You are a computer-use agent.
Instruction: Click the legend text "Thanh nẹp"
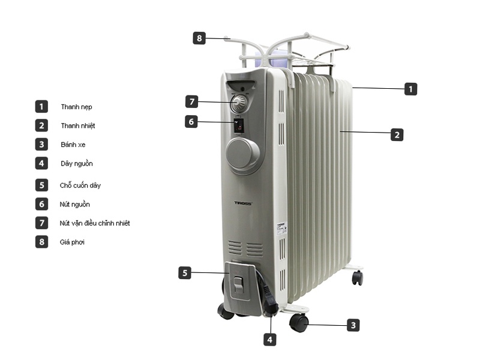tap(76, 107)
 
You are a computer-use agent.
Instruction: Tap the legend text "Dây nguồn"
tap(77, 163)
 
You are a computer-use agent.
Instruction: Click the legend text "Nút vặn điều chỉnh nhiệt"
tap(95, 223)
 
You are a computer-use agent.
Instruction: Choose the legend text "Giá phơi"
tap(73, 242)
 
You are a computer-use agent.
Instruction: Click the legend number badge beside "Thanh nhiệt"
tap(41, 125)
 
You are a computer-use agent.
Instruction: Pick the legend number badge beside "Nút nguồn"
tap(41, 204)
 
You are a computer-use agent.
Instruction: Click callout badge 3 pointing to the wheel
tap(354, 325)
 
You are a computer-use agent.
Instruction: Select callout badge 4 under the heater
tap(270, 340)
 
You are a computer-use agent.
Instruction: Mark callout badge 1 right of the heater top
tap(410, 89)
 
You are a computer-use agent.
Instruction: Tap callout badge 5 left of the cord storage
tap(185, 273)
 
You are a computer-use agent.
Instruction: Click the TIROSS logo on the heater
tap(243, 203)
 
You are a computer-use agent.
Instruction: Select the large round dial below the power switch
tap(242, 155)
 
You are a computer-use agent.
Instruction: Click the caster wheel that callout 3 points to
tap(299, 323)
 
